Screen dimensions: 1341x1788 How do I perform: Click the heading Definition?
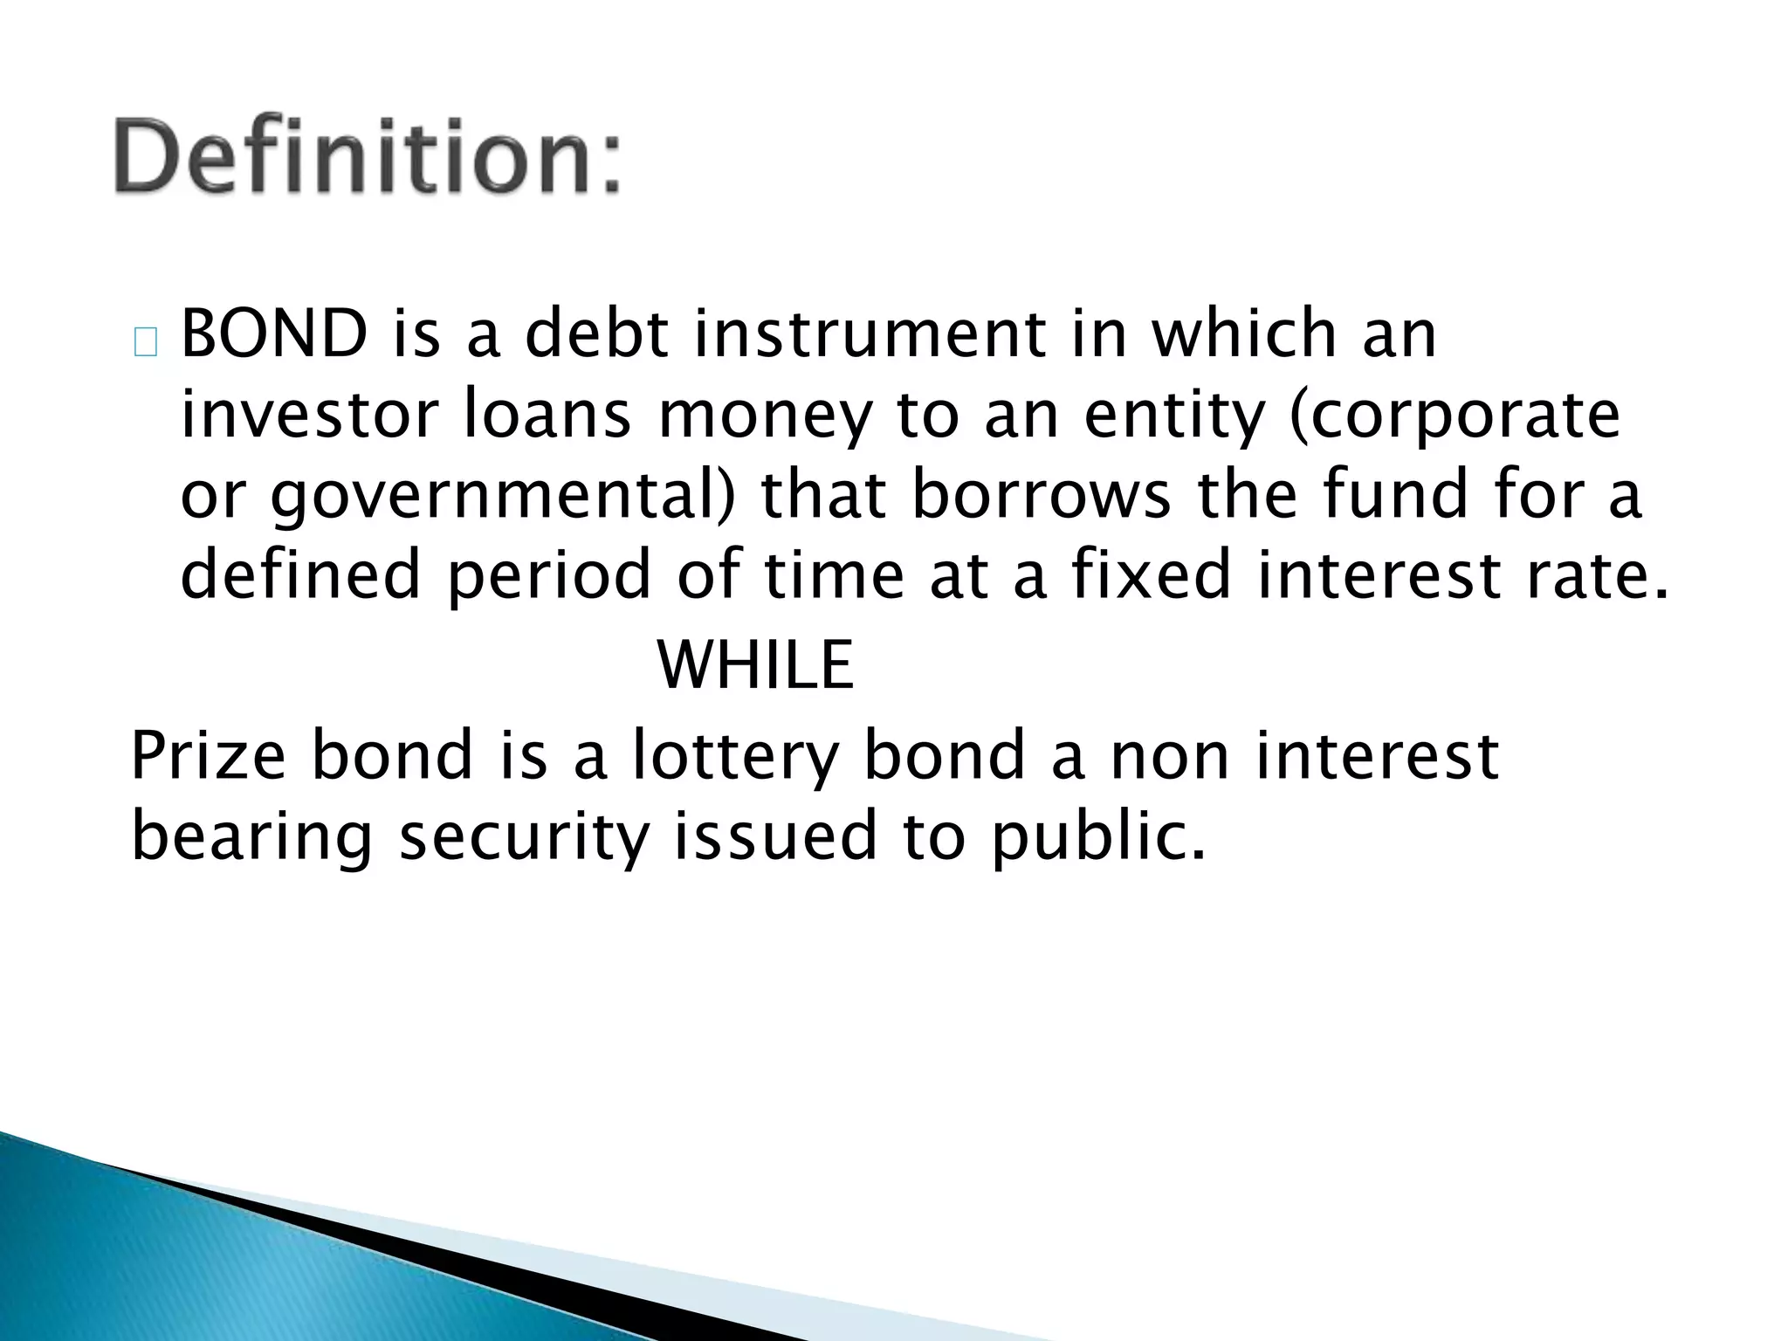click(x=367, y=157)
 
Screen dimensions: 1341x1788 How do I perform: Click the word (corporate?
click(x=1454, y=417)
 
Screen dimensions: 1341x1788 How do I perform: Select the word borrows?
click(x=1041, y=495)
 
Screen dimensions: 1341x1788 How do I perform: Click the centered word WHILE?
click(x=756, y=665)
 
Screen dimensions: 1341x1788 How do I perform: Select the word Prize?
click(x=208, y=756)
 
